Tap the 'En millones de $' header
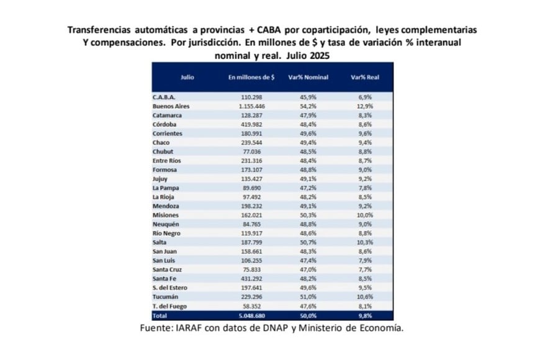click(251, 78)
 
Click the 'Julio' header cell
click(187, 78)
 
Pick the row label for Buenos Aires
click(171, 106)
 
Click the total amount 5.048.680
click(252, 315)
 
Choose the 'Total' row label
click(161, 315)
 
